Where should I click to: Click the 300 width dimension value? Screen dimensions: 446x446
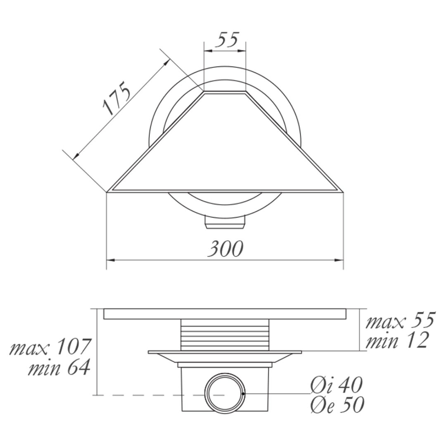225,248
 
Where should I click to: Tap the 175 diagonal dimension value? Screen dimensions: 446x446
116,98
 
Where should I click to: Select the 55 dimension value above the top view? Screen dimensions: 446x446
226,40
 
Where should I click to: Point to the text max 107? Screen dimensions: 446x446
50,347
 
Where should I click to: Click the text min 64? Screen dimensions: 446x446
59,368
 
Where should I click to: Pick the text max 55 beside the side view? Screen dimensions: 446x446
400,320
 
